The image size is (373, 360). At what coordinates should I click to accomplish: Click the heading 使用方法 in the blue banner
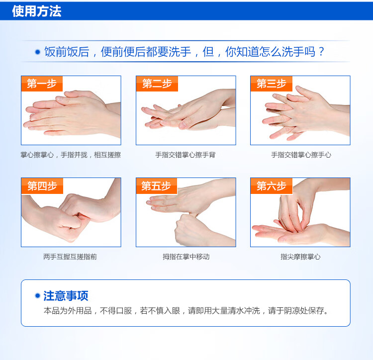coord(37,11)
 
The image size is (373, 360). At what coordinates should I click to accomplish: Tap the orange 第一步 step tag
coord(42,84)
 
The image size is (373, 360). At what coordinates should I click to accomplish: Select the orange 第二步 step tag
coord(157,84)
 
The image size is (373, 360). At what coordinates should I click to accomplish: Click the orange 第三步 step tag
coord(272,84)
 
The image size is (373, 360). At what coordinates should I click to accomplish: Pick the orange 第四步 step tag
coord(42,185)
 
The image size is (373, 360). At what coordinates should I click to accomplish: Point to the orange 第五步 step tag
coord(157,185)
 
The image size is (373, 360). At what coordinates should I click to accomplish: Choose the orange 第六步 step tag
coord(272,185)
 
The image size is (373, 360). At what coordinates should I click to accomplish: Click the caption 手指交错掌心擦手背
coord(186,155)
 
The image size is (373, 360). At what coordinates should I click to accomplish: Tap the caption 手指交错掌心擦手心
coord(301,155)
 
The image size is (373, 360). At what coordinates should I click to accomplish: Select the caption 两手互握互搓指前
coord(70,257)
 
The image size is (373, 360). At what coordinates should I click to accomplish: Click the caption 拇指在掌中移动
coord(186,257)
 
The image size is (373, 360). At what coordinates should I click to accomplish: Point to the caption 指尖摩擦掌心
coord(300,257)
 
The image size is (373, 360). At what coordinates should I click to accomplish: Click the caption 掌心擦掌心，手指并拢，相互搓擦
coord(71,155)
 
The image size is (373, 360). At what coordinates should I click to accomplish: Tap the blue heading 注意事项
coord(66,296)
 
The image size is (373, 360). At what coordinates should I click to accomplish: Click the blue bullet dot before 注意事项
coord(37,295)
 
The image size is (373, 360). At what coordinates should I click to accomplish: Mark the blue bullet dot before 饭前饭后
coord(37,52)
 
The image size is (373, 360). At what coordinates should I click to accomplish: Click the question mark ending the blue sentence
coord(321,51)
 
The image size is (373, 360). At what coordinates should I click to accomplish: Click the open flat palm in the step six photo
coord(292,234)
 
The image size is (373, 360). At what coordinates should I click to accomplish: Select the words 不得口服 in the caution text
coord(115,311)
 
